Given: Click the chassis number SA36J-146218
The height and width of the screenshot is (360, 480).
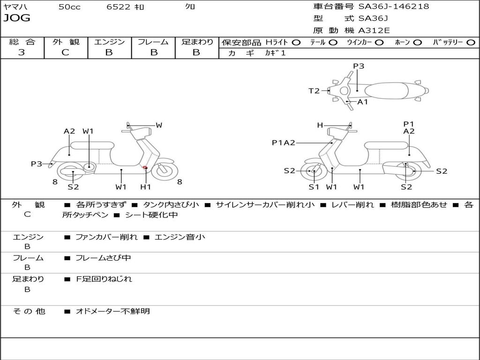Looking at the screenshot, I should pyautogui.click(x=394, y=7).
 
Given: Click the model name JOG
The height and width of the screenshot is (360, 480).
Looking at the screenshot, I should pyautogui.click(x=17, y=18).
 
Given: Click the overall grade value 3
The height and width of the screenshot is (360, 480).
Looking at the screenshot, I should pyautogui.click(x=22, y=52).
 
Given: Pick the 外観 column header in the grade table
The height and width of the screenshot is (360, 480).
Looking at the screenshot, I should pyautogui.click(x=66, y=42).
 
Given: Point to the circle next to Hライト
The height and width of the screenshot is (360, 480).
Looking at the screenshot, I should pyautogui.click(x=296, y=42).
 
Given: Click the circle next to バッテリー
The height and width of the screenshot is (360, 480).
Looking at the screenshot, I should pyautogui.click(x=471, y=42).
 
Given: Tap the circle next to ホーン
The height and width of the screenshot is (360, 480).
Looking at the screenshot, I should pyautogui.click(x=417, y=42).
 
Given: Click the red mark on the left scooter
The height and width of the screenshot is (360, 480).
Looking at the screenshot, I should pyautogui.click(x=145, y=167).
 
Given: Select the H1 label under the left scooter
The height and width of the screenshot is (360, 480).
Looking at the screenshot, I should pyautogui.click(x=146, y=187).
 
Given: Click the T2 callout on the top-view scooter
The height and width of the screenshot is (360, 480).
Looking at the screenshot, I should pyautogui.click(x=314, y=91).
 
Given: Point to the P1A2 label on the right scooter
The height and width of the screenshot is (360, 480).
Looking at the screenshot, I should pyautogui.click(x=284, y=143).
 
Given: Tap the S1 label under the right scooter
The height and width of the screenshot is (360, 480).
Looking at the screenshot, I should pyautogui.click(x=314, y=187).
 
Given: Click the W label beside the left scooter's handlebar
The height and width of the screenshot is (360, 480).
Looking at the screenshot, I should pyautogui.click(x=159, y=125).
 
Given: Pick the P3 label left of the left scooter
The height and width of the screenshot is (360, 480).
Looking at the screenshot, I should pyautogui.click(x=37, y=164).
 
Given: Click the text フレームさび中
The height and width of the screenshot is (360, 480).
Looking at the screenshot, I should pyautogui.click(x=103, y=258).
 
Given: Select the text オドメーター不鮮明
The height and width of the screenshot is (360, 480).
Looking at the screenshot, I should pyautogui.click(x=112, y=311).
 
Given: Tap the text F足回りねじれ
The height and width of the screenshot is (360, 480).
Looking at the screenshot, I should pyautogui.click(x=104, y=279).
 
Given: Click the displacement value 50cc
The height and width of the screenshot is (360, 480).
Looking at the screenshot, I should pyautogui.click(x=69, y=7).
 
